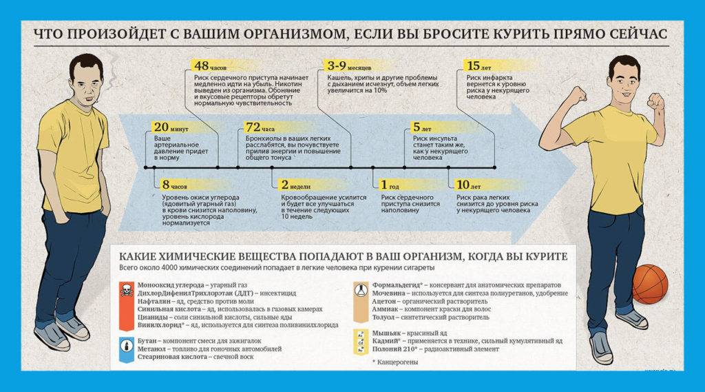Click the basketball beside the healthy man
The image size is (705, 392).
649,284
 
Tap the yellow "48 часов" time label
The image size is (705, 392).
210,66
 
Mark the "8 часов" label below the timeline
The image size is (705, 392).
174,185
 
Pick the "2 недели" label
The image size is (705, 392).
295,185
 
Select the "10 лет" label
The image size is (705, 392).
469,185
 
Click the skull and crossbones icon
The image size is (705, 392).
126,290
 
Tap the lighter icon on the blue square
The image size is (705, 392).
126,344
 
